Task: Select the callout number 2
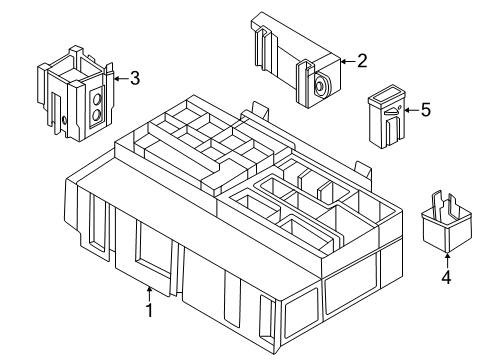[x=362, y=61]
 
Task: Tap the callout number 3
[x=135, y=78]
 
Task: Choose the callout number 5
[x=425, y=110]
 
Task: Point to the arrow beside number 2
[x=346, y=62]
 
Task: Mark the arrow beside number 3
[x=119, y=78]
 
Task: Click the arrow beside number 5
[x=408, y=110]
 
